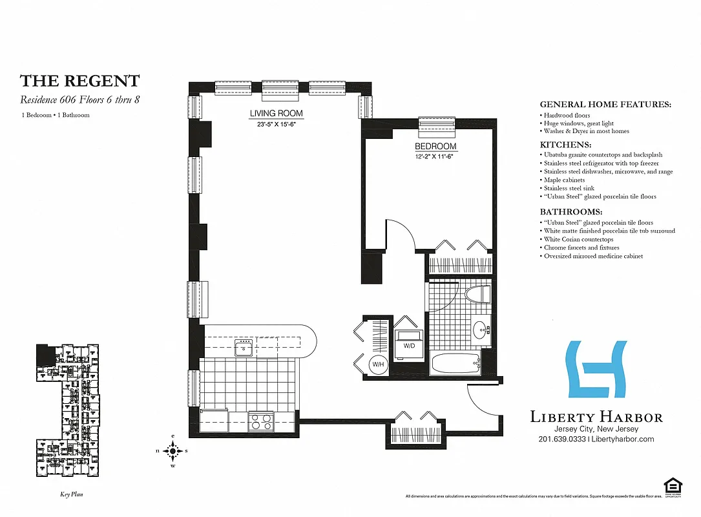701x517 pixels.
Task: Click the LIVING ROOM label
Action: [277, 114]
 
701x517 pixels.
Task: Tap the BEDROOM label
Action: [435, 147]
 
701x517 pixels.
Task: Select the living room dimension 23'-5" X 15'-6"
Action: [277, 124]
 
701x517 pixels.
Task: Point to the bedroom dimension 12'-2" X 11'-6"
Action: [435, 156]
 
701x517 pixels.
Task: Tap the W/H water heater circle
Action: [377, 364]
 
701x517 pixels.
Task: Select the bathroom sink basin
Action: [480, 332]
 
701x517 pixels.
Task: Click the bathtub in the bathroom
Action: [455, 364]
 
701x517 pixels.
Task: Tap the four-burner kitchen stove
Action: [262, 422]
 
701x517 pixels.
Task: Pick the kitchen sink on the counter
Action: [244, 349]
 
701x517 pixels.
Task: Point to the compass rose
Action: [173, 451]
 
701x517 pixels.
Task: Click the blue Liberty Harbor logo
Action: [596, 369]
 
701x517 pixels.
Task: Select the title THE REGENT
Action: [79, 81]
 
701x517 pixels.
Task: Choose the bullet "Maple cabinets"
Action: [564, 180]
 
